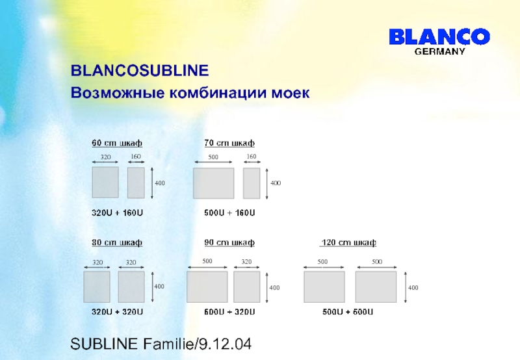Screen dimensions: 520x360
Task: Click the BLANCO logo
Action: pos(439,36)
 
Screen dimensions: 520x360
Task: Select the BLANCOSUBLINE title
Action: pos(139,70)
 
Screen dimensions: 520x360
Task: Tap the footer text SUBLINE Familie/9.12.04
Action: pos(161,344)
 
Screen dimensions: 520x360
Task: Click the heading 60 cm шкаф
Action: pos(116,143)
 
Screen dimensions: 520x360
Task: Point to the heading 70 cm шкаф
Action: pos(229,143)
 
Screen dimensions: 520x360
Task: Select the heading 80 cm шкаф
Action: pos(116,242)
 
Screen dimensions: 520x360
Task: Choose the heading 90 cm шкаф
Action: pos(229,242)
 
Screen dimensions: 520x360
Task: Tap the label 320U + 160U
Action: pos(117,212)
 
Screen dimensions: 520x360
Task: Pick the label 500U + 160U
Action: pos(229,212)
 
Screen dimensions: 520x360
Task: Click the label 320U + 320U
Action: pos(117,312)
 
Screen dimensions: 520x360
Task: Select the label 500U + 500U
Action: pos(348,312)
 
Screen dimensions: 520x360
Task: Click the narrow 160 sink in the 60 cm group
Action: pos(136,183)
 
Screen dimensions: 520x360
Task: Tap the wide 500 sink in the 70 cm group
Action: pos(213,183)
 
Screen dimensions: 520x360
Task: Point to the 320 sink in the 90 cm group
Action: pos(246,287)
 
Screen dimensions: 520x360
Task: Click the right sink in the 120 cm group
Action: pos(376,287)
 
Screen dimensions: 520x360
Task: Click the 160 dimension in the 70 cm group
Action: pos(252,157)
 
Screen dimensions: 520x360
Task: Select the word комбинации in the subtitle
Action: pos(211,93)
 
